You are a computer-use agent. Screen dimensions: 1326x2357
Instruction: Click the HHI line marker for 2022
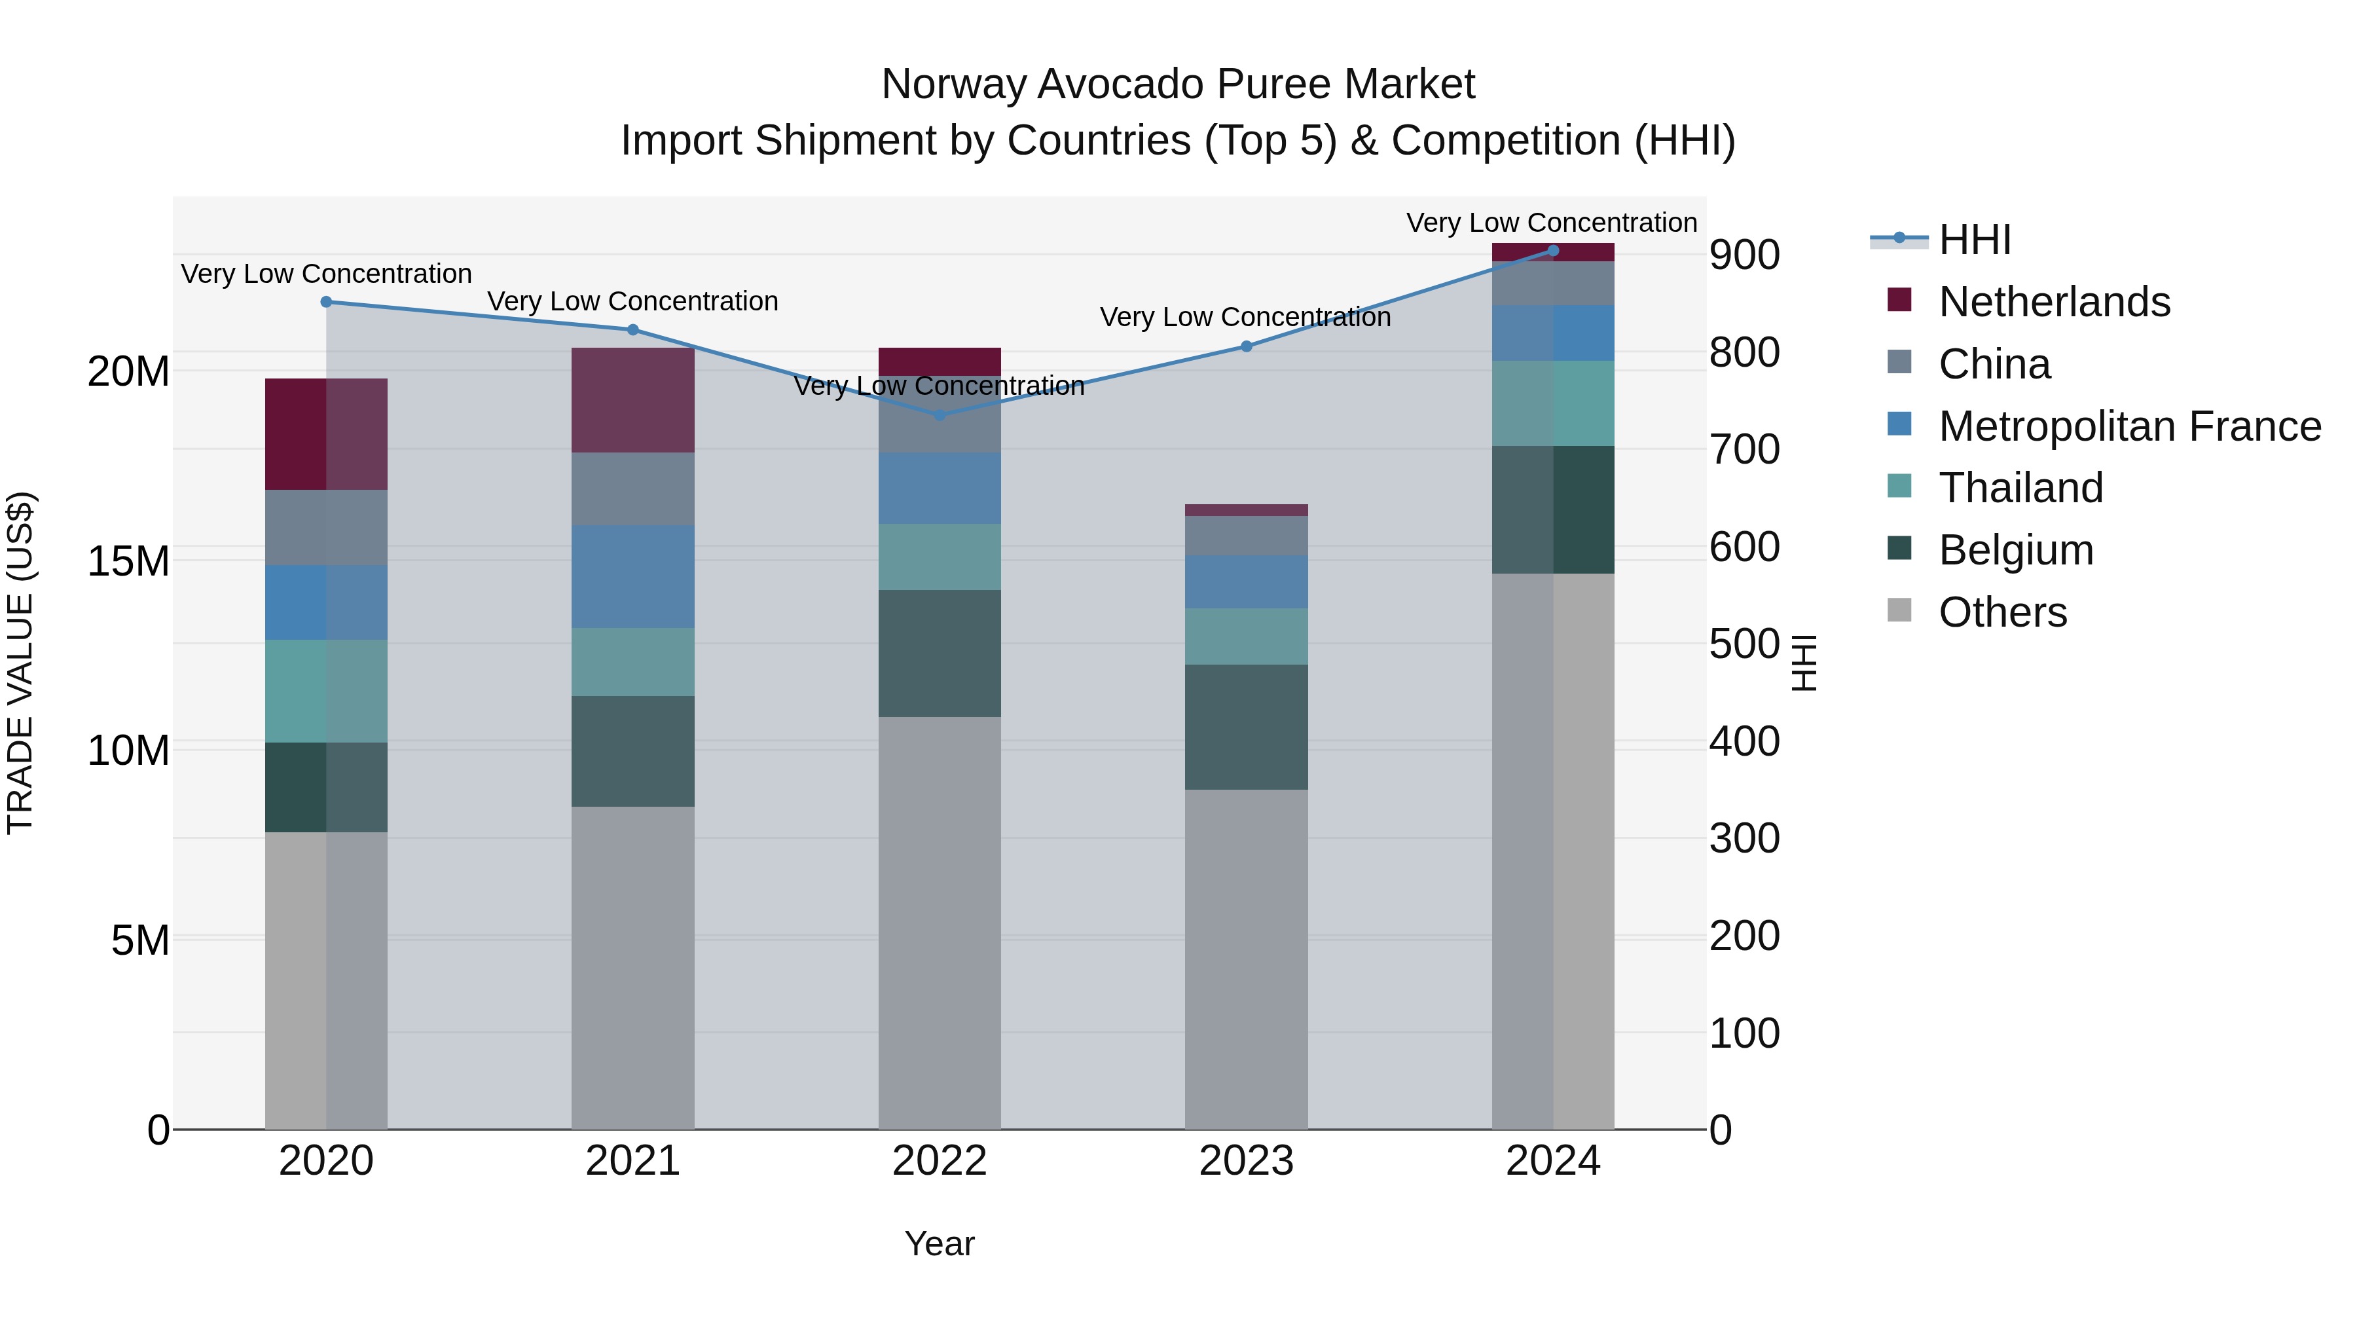pyautogui.click(x=939, y=414)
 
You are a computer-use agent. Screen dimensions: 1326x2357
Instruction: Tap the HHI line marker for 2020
pyautogui.click(x=326, y=302)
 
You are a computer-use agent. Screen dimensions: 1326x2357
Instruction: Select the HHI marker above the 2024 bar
pyautogui.click(x=1553, y=251)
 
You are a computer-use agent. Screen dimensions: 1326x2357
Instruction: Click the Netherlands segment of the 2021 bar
pyautogui.click(x=632, y=400)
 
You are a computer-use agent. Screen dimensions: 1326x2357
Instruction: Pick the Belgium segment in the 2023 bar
pyautogui.click(x=1245, y=727)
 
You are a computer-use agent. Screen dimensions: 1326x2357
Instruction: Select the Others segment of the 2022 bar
pyautogui.click(x=939, y=923)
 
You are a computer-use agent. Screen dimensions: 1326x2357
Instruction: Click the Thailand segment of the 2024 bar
pyautogui.click(x=1553, y=403)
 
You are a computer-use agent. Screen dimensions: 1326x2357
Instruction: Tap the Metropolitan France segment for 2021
pyautogui.click(x=632, y=576)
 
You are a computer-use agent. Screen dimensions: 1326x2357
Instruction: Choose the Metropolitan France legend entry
pyautogui.click(x=2129, y=426)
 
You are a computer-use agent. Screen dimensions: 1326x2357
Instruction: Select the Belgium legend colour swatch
pyautogui.click(x=1899, y=549)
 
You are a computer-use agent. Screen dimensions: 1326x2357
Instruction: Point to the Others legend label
pyautogui.click(x=2002, y=612)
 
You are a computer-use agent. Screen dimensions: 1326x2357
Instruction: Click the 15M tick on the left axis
pyautogui.click(x=128, y=561)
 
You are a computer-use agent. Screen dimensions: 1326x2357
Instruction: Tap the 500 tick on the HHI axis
pyautogui.click(x=1744, y=644)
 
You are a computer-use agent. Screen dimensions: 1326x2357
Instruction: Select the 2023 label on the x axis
pyautogui.click(x=1245, y=1161)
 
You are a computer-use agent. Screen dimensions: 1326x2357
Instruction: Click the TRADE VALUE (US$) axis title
pyautogui.click(x=20, y=663)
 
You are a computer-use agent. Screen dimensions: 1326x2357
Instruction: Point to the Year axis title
pyautogui.click(x=939, y=1243)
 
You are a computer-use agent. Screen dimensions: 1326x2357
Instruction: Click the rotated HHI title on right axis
pyautogui.click(x=1804, y=663)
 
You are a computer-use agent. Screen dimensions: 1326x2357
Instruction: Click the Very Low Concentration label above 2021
pyautogui.click(x=632, y=301)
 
